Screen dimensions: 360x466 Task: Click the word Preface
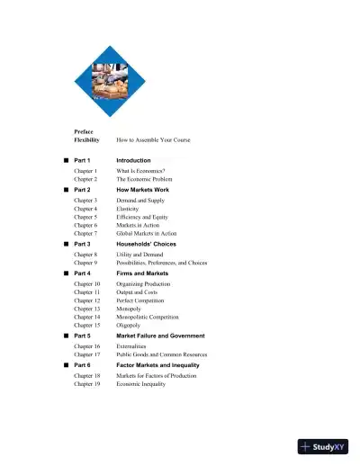84,131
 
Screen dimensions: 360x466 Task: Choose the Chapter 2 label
85,179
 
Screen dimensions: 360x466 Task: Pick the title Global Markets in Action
150,233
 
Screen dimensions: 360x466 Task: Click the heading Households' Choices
147,244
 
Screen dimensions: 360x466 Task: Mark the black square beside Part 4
66,273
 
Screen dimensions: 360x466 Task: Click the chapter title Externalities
135,345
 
